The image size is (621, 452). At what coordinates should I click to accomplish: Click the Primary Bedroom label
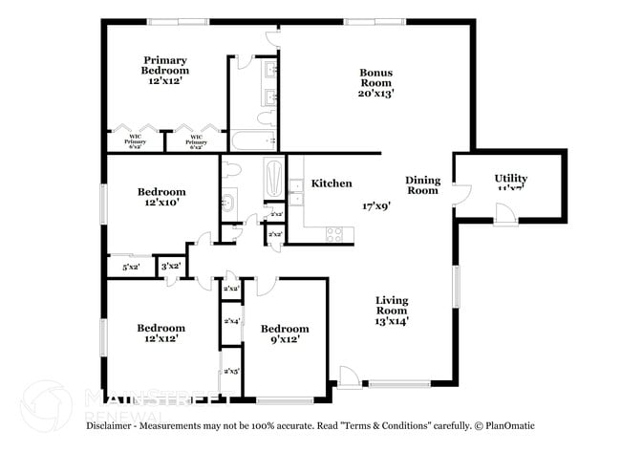164,70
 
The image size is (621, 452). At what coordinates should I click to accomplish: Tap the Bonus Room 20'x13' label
376,82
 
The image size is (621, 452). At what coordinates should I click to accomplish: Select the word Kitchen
332,183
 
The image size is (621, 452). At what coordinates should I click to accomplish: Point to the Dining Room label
422,185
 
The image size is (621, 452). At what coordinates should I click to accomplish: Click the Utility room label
510,182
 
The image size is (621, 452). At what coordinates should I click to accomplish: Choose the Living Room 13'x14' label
391,311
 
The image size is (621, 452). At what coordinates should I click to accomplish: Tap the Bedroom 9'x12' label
285,334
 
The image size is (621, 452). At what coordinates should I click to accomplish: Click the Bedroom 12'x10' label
161,197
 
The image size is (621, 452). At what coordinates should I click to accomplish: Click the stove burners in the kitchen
334,232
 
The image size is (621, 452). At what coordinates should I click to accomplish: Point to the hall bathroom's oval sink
229,203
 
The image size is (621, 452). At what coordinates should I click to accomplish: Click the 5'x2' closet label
132,268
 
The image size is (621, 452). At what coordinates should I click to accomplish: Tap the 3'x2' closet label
171,267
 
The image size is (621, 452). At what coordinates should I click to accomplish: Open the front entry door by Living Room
350,378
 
